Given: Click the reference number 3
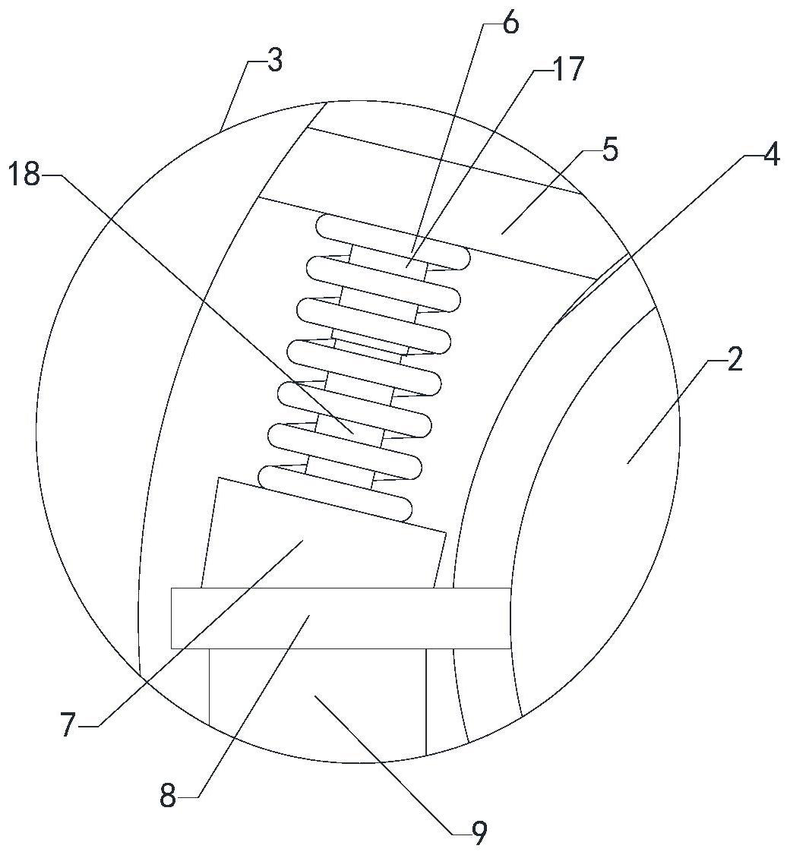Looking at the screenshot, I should point(274,61).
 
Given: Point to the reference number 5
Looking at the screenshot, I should point(610,150).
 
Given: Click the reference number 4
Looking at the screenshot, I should point(771,156).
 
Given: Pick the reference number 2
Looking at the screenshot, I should point(734,360).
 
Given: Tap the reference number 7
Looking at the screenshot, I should point(68,726).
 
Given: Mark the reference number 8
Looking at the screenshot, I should point(168,797).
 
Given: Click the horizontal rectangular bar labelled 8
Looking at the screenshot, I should point(340,617).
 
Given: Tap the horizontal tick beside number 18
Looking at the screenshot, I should point(49,175).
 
